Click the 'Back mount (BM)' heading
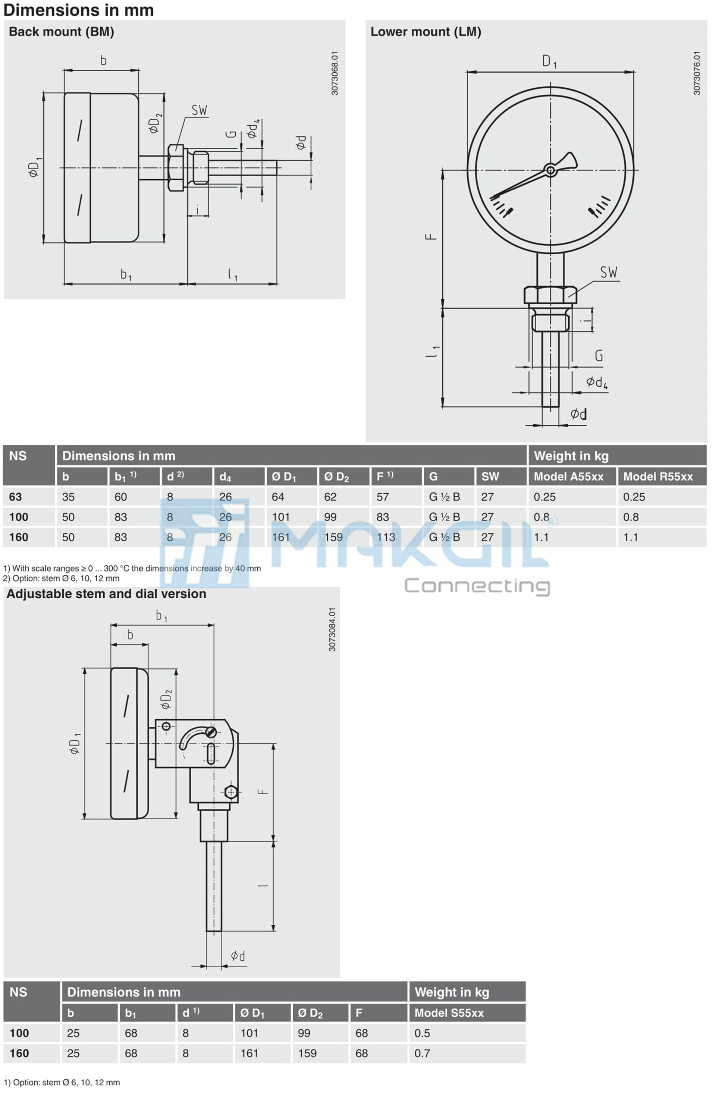61,32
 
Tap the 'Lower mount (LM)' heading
425,32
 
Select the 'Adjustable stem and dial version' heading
106,594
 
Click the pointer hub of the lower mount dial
550,170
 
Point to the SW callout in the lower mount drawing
608,273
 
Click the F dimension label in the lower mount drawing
431,236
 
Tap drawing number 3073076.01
697,73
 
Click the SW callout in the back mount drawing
199,110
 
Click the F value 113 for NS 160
386,537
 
